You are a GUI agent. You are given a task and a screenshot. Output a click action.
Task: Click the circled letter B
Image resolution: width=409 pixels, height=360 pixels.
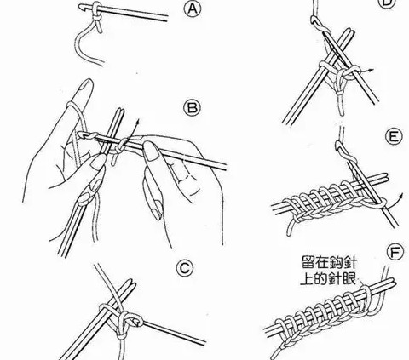click(x=193, y=108)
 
